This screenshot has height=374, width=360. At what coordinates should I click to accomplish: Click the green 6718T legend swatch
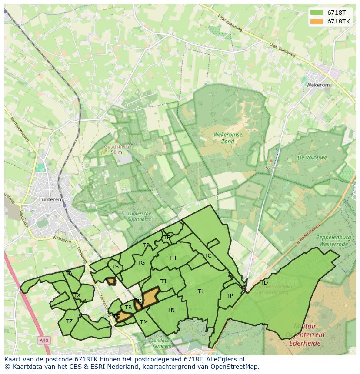click(x=317, y=13)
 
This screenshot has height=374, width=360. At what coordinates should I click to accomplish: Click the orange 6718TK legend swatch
click(x=317, y=21)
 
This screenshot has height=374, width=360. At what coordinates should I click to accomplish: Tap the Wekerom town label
click(x=318, y=85)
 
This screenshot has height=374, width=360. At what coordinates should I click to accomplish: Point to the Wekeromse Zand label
click(x=228, y=138)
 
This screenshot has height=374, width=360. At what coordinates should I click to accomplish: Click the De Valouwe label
click(x=312, y=158)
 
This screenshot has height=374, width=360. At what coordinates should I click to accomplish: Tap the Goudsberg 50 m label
click(x=116, y=149)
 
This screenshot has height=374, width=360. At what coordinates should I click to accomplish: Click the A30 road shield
click(x=43, y=341)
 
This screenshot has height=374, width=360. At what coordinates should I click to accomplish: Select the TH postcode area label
click(x=172, y=258)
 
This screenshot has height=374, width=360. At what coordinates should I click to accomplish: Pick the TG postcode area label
click(x=141, y=263)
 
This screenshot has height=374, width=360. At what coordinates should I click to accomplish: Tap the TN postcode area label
click(x=171, y=310)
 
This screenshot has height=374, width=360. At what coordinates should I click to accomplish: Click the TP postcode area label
click(x=230, y=296)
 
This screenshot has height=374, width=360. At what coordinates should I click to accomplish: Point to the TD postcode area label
click(x=263, y=283)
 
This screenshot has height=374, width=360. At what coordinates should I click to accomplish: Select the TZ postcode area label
click(x=69, y=321)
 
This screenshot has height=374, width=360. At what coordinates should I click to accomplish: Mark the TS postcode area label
click(x=115, y=267)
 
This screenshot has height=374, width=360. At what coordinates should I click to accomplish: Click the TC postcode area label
click(x=208, y=256)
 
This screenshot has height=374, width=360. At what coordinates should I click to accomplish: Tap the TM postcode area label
click(x=144, y=322)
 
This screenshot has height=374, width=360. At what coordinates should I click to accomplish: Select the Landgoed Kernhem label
click(x=162, y=343)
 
